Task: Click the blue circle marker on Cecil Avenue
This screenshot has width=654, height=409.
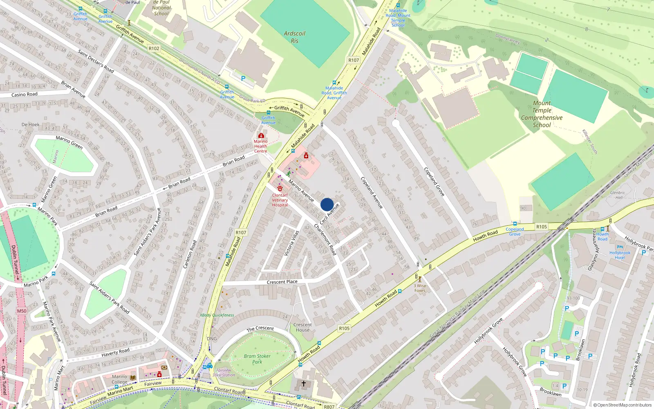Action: pos(327,204)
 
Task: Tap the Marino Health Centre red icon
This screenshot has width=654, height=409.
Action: pos(261,135)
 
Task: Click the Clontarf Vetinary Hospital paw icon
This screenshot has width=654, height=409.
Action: pos(280,189)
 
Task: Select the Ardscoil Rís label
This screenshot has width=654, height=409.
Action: pos(294,37)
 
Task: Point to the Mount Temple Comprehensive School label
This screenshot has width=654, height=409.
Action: pos(542,114)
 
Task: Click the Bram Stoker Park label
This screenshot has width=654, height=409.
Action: pos(257,359)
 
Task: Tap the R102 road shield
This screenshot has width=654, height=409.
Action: pos(154,48)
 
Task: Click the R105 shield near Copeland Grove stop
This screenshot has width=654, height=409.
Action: pos(541,227)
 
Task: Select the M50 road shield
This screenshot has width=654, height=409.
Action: pos(22,311)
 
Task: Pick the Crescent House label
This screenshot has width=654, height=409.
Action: pos(302,327)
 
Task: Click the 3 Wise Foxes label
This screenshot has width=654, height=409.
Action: pos(420,288)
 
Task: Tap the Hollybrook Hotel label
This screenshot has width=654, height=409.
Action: pos(620,255)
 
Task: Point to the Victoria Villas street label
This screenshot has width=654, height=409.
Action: pos(291,243)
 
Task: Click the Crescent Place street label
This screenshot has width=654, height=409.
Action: pos(282,282)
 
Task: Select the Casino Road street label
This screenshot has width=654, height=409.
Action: pos(25,94)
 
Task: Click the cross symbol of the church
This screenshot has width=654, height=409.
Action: pos(303,384)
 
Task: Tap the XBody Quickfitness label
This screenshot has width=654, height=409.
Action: pos(217,315)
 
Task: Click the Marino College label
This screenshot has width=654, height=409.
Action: pos(119,379)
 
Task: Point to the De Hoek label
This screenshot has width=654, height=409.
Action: pos(31,124)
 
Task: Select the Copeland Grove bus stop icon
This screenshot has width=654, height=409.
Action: pos(515,224)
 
